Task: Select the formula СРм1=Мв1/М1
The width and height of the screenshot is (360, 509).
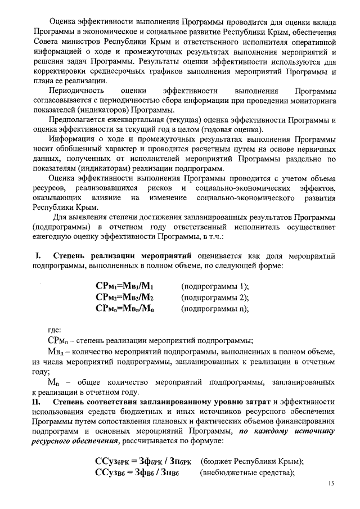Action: (x=124, y=286)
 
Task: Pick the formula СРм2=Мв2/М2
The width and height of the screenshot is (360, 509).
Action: (x=124, y=297)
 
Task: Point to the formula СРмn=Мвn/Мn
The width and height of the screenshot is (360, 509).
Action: (x=124, y=308)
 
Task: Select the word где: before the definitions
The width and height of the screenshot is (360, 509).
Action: (x=55, y=330)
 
